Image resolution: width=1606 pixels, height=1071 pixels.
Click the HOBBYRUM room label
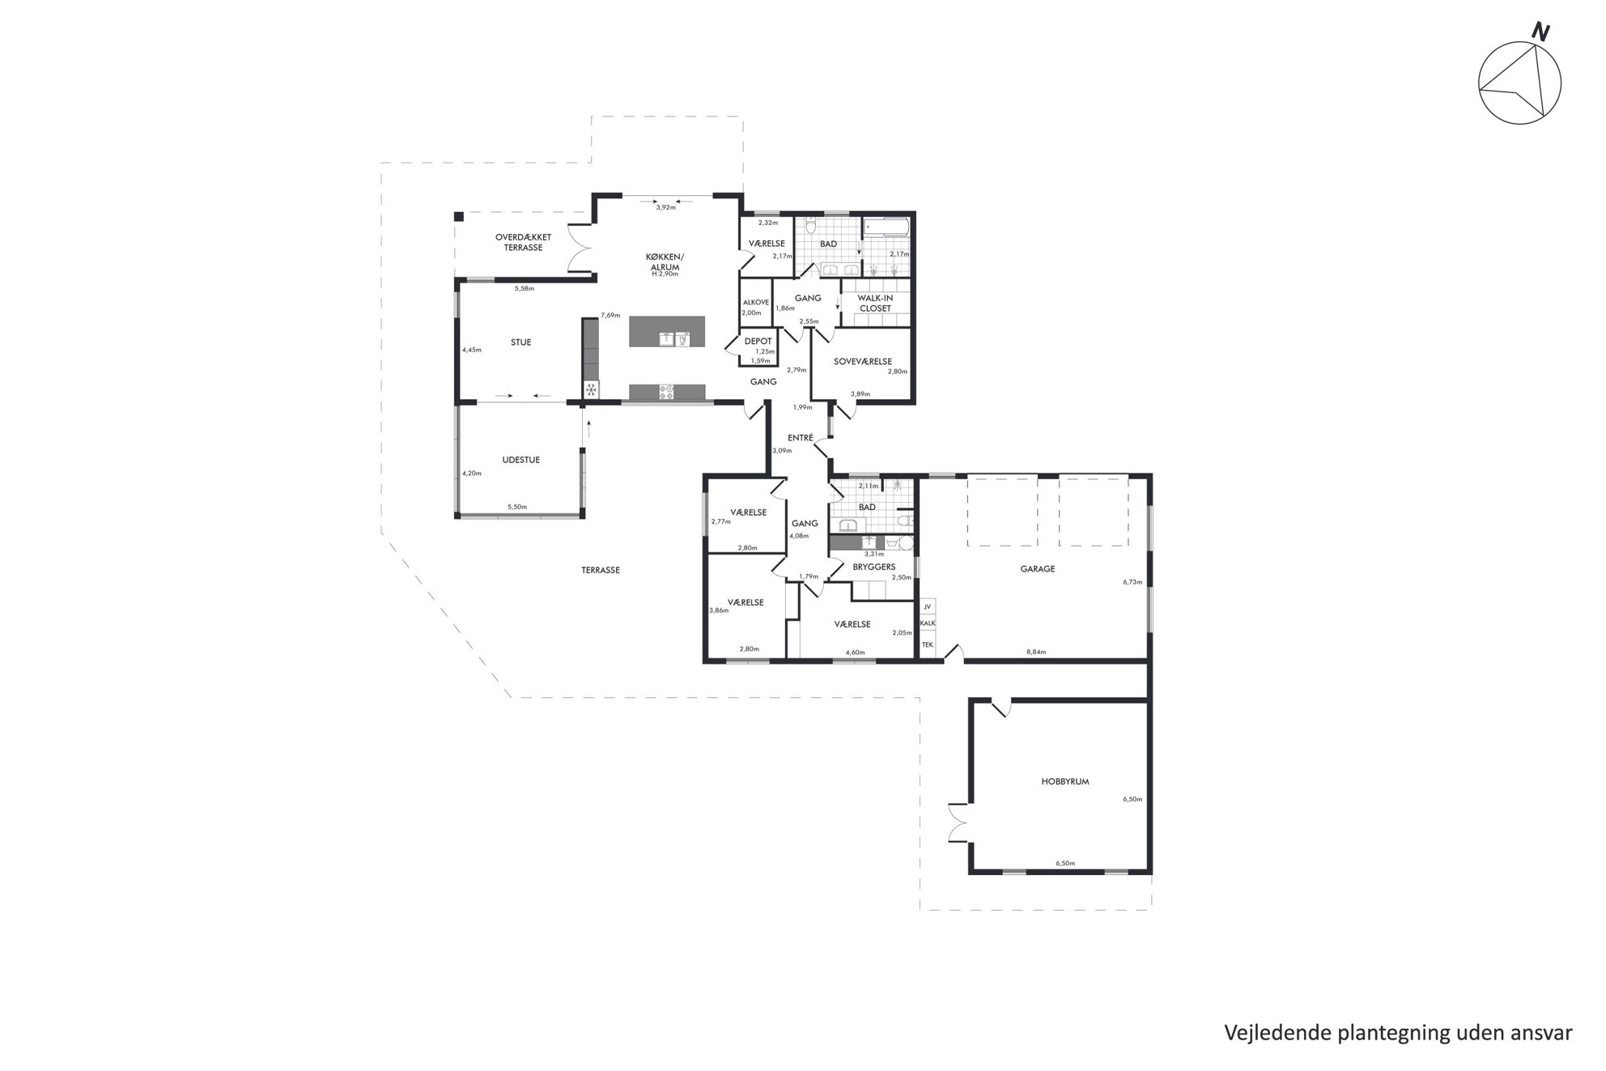tap(1064, 782)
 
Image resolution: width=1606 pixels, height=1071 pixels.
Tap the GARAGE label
tap(1037, 569)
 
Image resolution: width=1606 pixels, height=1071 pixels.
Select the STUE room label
tap(520, 342)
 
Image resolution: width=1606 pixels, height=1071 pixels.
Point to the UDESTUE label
tap(520, 460)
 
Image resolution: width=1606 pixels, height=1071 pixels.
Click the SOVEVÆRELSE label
tap(862, 362)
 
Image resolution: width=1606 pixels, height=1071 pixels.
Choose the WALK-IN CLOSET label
tap(875, 303)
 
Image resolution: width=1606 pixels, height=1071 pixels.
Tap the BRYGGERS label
tap(873, 567)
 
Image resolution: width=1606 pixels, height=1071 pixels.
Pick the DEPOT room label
tap(758, 342)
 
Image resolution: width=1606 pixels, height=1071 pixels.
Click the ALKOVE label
tap(756, 302)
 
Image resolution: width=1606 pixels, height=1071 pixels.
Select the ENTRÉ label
tap(800, 438)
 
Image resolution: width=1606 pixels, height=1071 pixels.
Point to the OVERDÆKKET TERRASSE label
tap(523, 242)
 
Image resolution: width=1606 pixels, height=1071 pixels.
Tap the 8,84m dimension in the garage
tap(1036, 652)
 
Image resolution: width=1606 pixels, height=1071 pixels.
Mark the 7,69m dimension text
tap(610, 316)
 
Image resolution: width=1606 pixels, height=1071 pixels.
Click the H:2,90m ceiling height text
tap(665, 274)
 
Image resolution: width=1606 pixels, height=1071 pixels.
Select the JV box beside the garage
tap(928, 606)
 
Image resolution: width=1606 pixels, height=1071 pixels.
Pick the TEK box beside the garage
tap(928, 645)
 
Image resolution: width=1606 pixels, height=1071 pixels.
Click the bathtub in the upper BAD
tap(886, 227)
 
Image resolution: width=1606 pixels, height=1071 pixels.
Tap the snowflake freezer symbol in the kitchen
tap(591, 391)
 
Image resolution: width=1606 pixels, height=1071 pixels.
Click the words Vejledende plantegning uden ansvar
tap(1398, 1034)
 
